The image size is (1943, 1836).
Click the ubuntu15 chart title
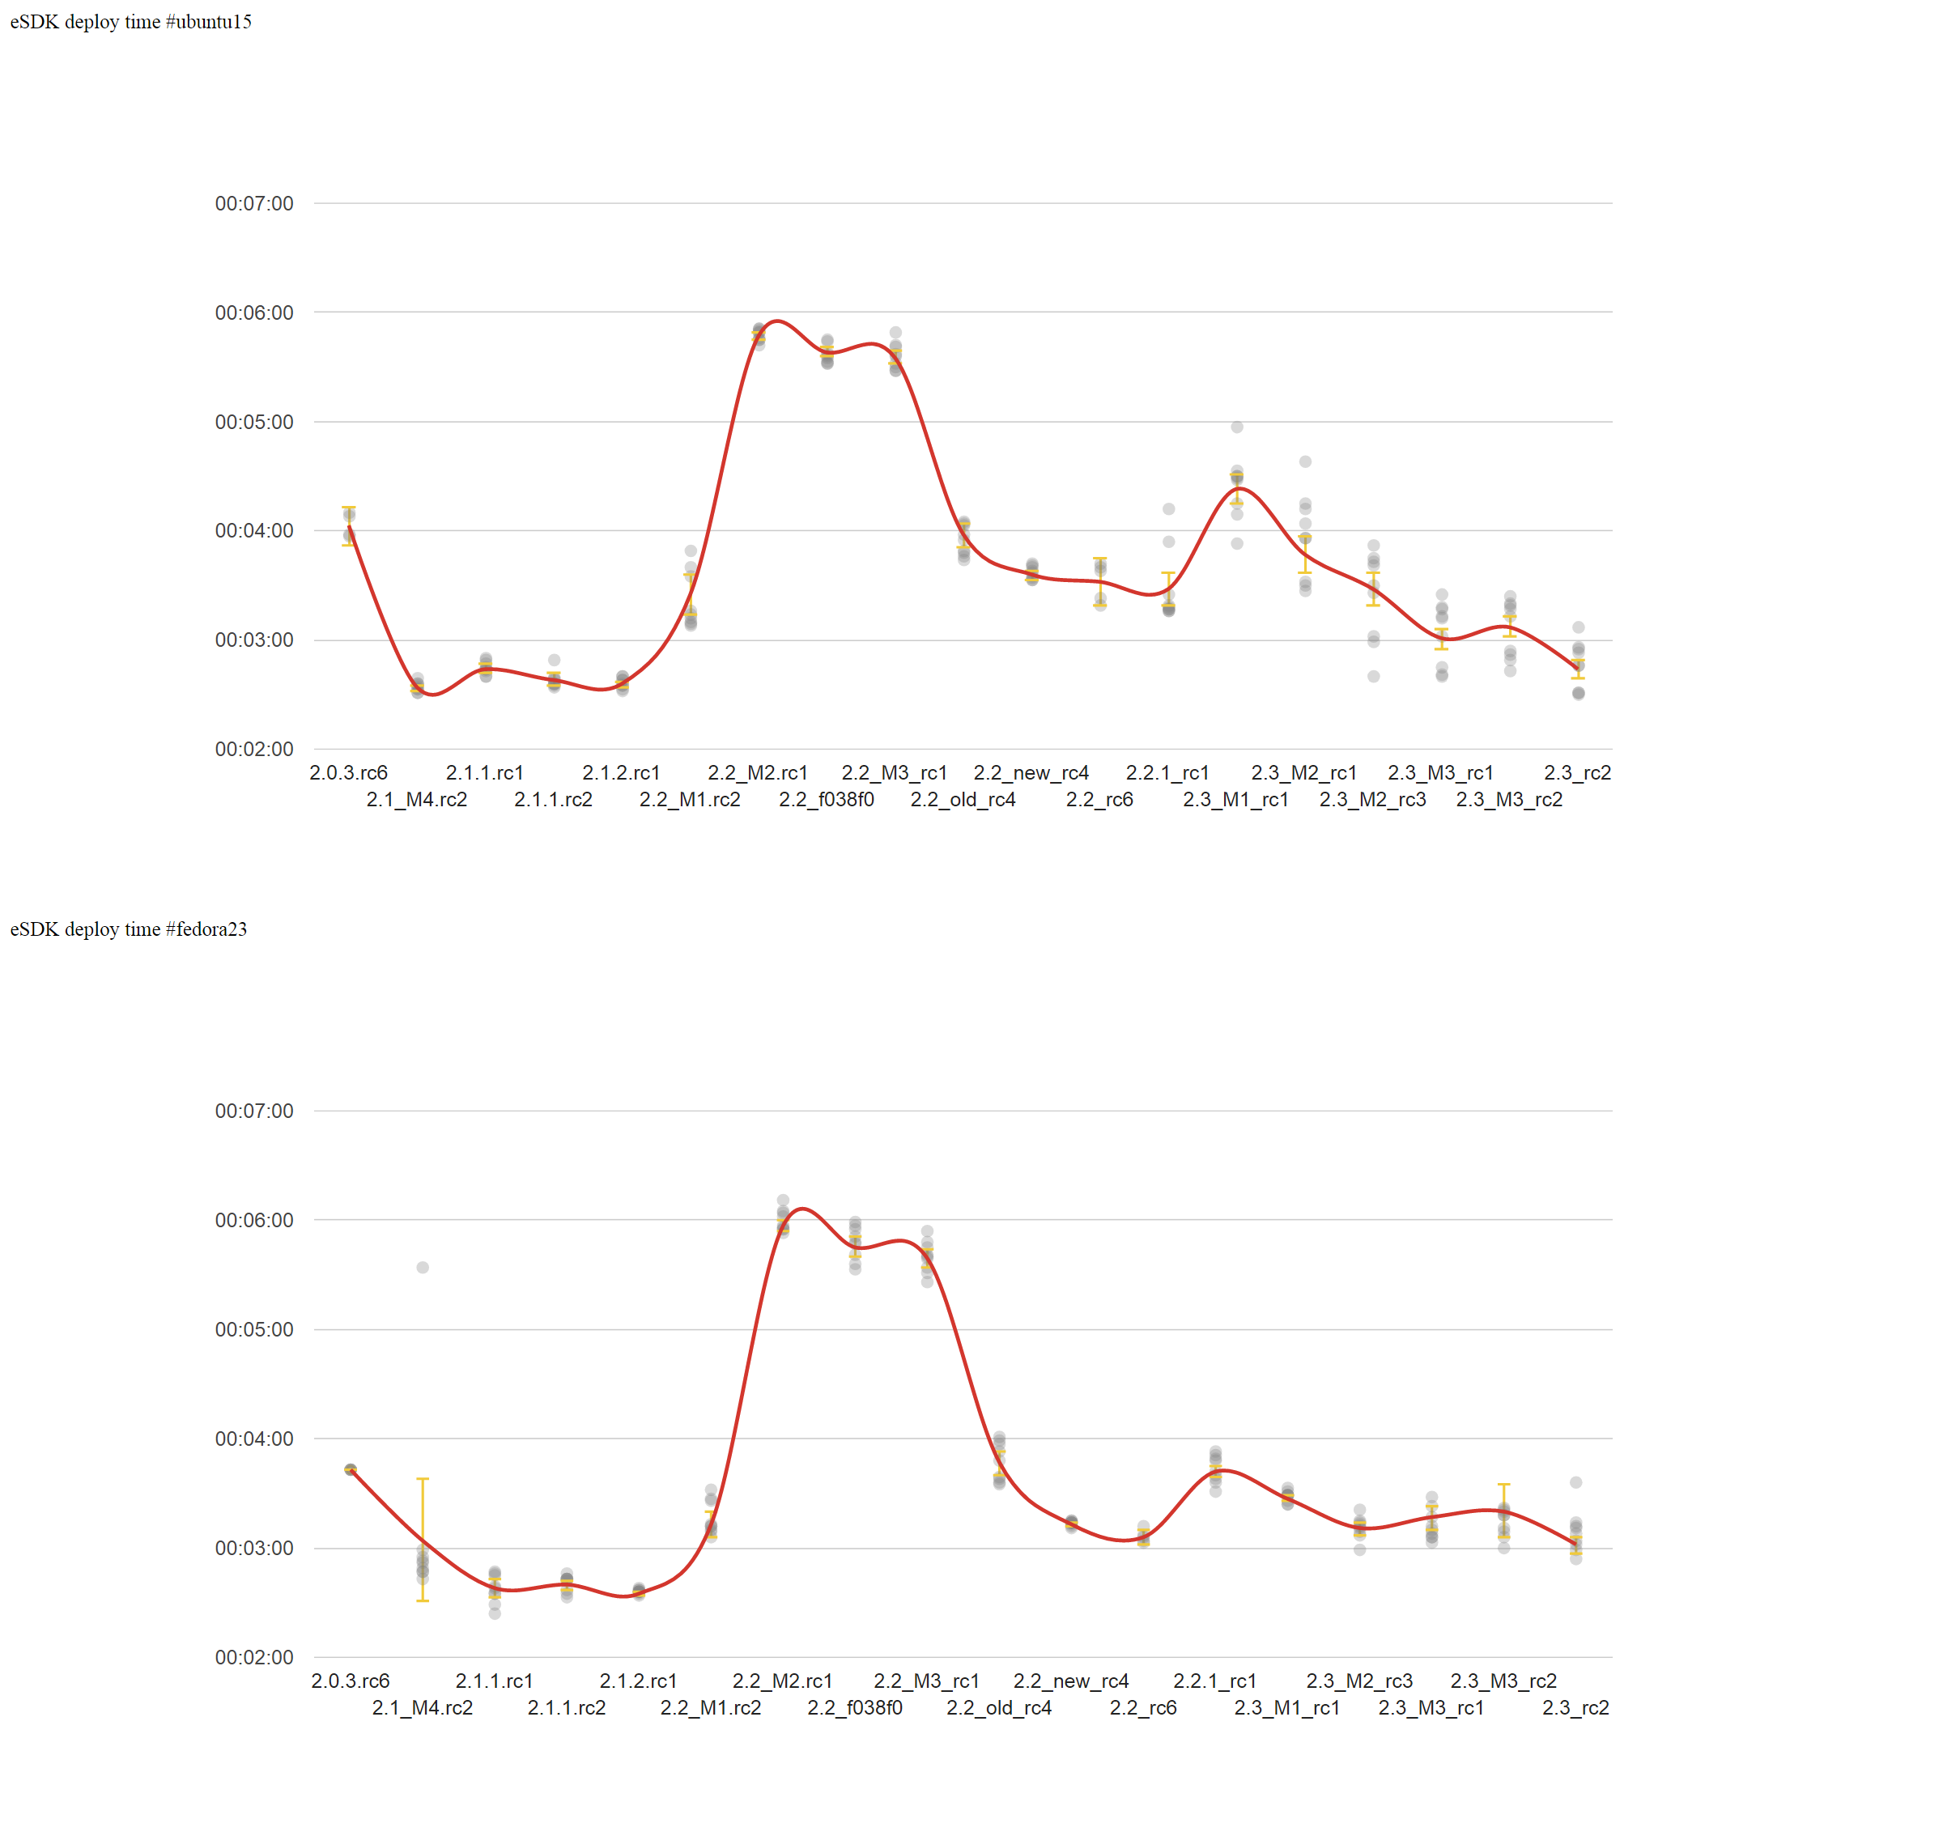click(x=130, y=22)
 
